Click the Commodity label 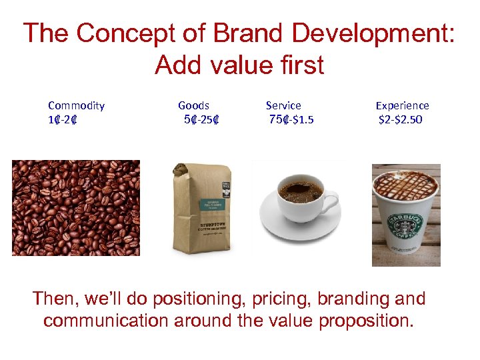76,105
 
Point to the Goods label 193,105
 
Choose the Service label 283,105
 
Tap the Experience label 402,105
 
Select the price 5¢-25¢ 202,121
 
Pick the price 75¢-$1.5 291,120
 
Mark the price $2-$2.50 401,121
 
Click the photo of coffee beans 76,207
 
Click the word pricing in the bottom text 290,299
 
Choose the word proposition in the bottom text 366,321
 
